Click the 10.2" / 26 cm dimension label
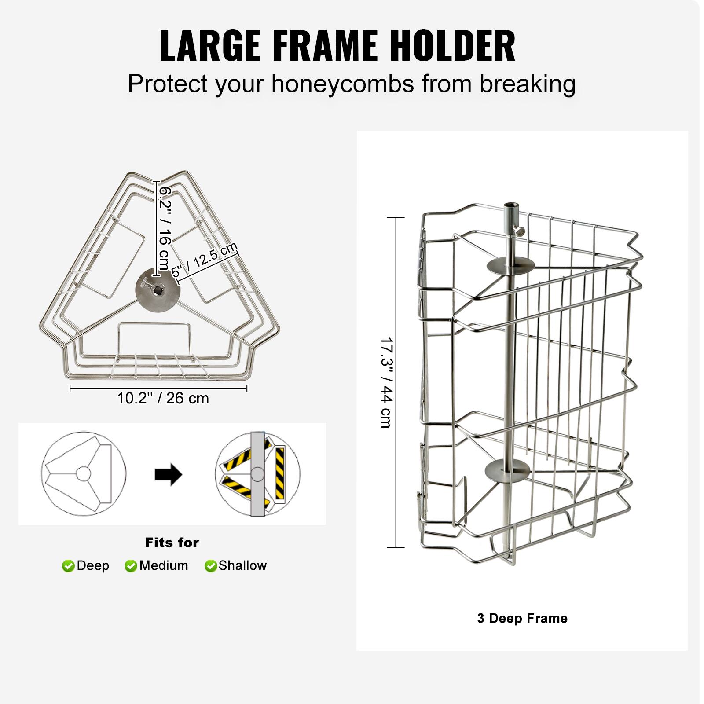point(163,398)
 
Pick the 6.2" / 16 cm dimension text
point(164,228)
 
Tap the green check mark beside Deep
point(68,566)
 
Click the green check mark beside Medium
point(131,566)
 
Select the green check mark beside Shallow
point(211,566)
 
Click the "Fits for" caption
point(172,543)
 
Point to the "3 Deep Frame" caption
point(522,618)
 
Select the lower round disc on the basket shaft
point(507,470)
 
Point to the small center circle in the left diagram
point(83,474)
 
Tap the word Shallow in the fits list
point(242,566)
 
